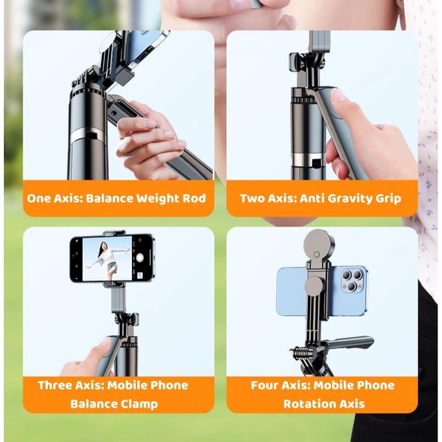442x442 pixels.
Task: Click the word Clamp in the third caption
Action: pos(139,404)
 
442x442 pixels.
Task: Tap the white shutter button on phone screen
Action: pos(140,257)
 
